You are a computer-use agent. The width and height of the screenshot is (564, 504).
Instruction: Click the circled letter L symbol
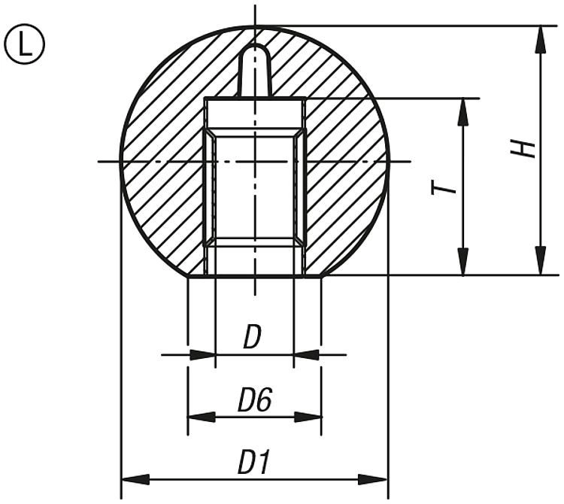[25, 44]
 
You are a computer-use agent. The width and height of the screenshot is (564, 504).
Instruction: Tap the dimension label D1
[253, 463]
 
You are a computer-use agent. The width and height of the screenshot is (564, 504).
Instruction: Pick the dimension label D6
[253, 402]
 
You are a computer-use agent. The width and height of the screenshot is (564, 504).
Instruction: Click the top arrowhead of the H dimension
[540, 39]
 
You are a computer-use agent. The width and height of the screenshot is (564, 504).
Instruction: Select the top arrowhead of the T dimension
[462, 111]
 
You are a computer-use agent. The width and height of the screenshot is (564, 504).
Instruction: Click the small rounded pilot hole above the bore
[255, 71]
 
